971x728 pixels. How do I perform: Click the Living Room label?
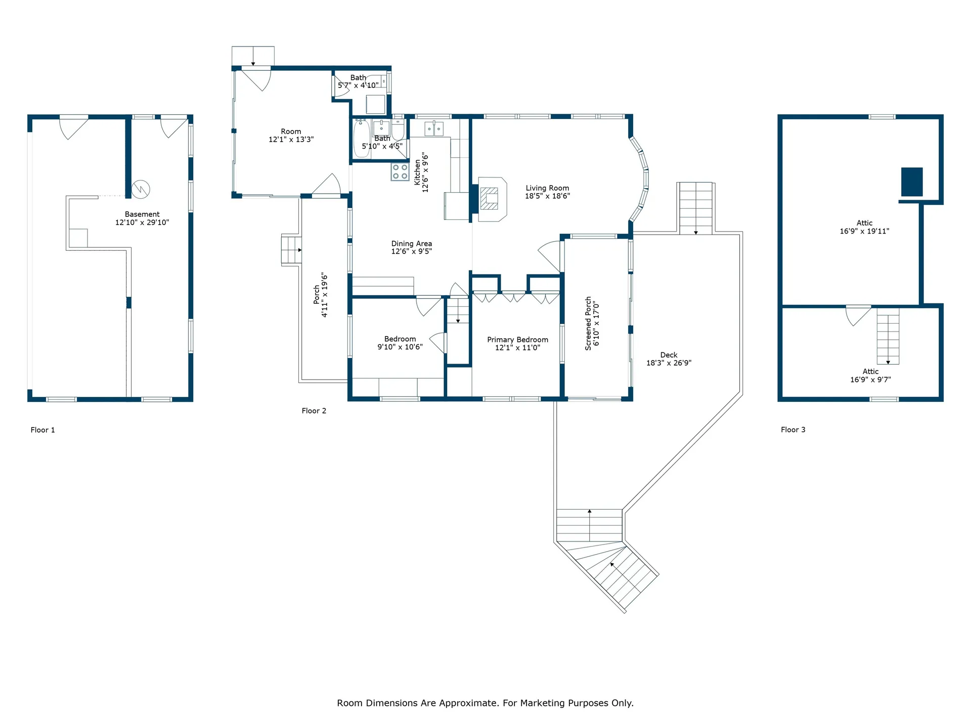point(547,188)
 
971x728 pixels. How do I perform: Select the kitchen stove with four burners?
point(400,172)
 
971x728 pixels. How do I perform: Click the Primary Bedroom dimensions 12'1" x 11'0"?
point(517,348)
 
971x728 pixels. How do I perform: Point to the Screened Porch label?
point(588,324)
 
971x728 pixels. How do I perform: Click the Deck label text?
point(669,355)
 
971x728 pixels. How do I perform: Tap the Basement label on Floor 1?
point(142,214)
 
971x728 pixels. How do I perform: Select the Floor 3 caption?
point(793,430)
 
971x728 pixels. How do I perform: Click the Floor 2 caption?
point(314,411)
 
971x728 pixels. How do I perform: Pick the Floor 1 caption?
point(43,430)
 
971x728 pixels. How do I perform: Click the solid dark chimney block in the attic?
point(912,181)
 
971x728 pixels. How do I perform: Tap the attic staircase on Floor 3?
point(888,336)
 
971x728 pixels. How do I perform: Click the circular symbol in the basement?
point(141,189)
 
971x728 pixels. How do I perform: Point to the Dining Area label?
point(412,244)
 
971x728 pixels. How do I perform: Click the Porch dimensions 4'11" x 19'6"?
point(325,296)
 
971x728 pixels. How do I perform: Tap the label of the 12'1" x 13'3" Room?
point(291,131)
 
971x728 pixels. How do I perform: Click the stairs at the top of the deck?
point(696,208)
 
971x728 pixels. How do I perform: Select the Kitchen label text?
point(417,173)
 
